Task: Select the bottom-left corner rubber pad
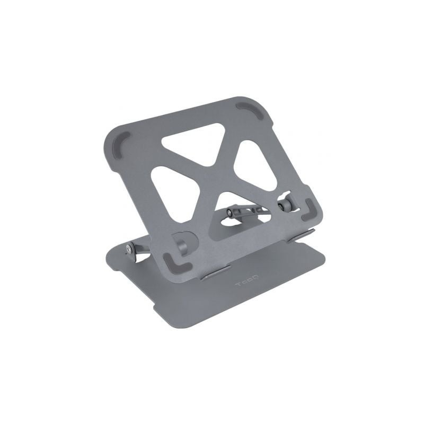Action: pos(174,262)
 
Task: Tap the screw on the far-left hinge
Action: pos(130,248)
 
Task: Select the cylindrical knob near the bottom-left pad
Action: pos(181,245)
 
